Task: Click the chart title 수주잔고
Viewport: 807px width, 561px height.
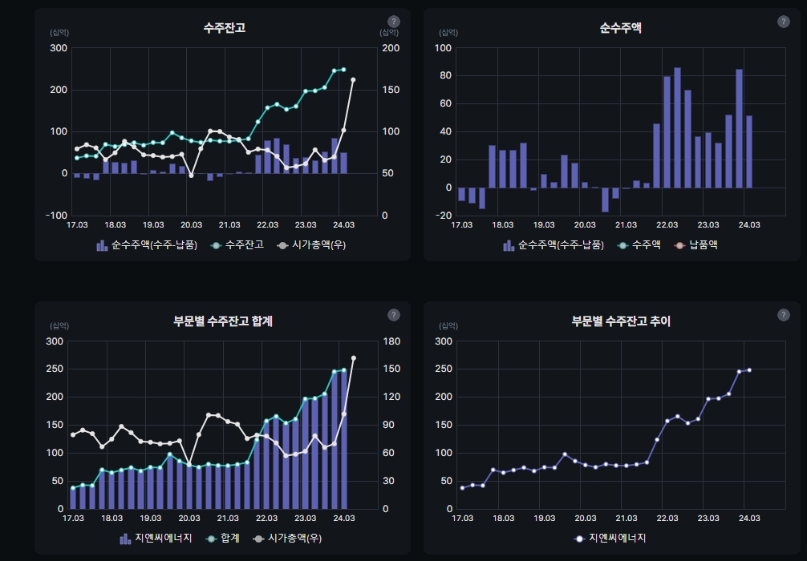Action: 224,28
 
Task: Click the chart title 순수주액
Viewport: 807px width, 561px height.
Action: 620,28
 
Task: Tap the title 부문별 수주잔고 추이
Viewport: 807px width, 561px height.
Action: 620,321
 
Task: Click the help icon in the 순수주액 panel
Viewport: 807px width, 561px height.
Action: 784,22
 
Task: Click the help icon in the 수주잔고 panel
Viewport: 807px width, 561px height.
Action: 393,22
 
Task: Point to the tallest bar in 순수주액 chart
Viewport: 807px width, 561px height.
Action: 677,128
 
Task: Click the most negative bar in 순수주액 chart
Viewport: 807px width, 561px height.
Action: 605,200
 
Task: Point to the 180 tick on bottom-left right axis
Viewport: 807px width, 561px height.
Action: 390,341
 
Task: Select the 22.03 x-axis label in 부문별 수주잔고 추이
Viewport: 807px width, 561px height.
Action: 663,519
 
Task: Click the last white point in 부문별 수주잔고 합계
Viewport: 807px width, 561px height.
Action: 354,358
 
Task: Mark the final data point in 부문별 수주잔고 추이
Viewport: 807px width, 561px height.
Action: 749,369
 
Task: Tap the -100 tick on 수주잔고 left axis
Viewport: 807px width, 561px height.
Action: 57,216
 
